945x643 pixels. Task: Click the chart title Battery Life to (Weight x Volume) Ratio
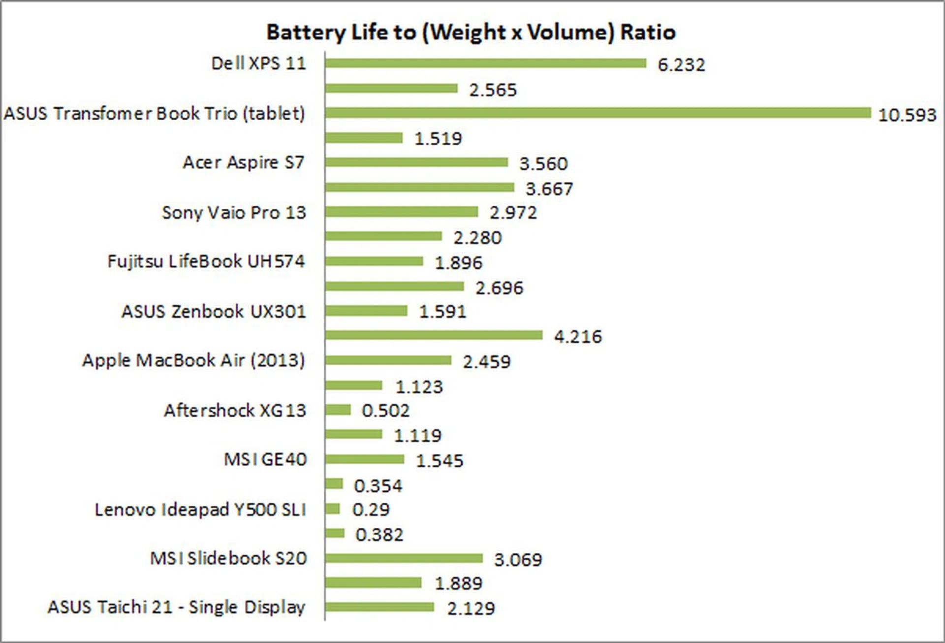point(471,32)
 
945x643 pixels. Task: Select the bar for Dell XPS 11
point(485,63)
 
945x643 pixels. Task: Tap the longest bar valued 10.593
point(598,113)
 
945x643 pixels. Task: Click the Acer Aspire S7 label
point(244,162)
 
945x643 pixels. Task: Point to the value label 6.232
point(681,65)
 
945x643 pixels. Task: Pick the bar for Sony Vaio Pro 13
point(401,212)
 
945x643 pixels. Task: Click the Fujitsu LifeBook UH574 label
point(206,261)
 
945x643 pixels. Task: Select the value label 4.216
point(578,337)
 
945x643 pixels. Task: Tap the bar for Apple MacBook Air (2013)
point(388,360)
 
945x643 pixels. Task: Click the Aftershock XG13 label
point(235,411)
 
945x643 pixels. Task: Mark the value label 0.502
point(385,411)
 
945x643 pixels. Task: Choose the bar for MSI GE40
point(364,459)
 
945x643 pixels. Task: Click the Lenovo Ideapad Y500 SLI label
point(200,510)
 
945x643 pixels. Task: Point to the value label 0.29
point(371,510)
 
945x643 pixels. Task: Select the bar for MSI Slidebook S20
point(404,558)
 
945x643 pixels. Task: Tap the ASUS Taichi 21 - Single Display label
point(176,608)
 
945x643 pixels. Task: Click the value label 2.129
point(471,609)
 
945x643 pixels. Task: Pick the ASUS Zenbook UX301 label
point(214,312)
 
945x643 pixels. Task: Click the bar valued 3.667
point(419,187)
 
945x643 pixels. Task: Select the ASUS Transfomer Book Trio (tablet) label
point(155,114)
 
